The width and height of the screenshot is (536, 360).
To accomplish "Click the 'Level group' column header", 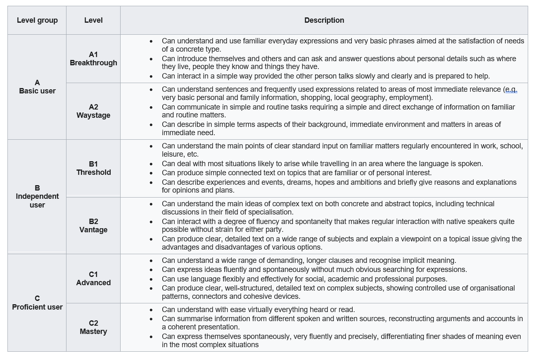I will [x=37, y=20].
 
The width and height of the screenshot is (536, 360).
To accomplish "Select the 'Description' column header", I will [x=324, y=20].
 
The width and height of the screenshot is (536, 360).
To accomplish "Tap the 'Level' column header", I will [x=93, y=20].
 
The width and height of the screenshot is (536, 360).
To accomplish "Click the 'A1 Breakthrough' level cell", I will [x=93, y=59].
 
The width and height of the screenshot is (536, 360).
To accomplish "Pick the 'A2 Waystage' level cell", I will [x=93, y=111].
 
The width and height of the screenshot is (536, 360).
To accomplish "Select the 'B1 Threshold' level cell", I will [x=93, y=168].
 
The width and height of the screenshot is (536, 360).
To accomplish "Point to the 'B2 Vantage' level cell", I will [x=93, y=226].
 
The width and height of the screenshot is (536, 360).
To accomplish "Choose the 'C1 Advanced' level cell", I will [x=93, y=279].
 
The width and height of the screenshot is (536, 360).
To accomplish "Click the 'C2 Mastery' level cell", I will [x=93, y=327].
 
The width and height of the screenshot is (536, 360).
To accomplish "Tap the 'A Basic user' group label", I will [x=37, y=87].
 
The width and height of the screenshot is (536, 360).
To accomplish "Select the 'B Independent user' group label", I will [x=37, y=196].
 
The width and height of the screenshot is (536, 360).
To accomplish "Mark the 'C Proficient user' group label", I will [x=37, y=303].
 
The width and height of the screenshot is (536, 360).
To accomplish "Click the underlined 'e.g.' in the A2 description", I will [x=511, y=89].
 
